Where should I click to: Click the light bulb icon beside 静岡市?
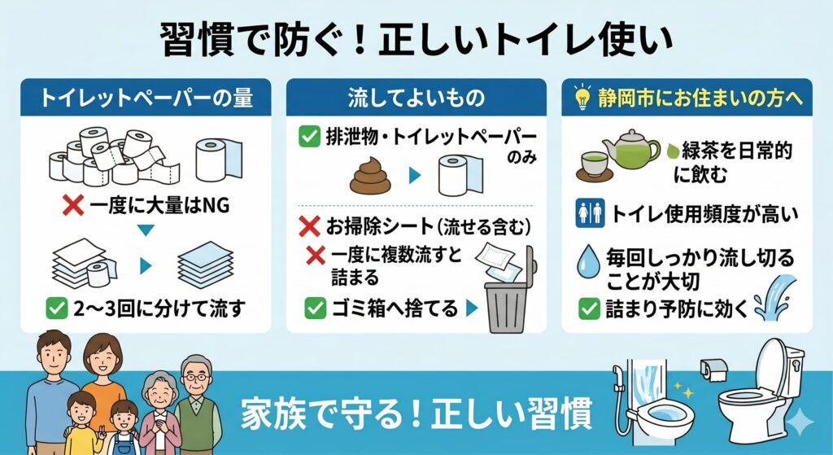(x=582, y=97)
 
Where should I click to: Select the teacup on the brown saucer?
(x=595, y=163)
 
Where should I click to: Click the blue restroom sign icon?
(x=591, y=213)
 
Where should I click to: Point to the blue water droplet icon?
(x=588, y=261)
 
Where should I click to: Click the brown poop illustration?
(x=370, y=176)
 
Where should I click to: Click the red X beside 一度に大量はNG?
(x=73, y=204)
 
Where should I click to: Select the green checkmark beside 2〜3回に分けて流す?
(x=57, y=308)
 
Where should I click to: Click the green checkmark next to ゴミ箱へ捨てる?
(x=315, y=308)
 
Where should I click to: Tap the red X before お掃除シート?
(x=309, y=226)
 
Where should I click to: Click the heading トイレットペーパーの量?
(x=146, y=98)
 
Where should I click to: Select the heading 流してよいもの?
(x=416, y=98)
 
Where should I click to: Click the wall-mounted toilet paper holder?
(x=713, y=369)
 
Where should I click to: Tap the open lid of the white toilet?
(x=771, y=367)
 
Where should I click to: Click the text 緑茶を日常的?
(x=737, y=151)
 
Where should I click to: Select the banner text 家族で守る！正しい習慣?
(x=416, y=413)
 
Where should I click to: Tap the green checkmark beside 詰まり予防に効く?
(x=589, y=308)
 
